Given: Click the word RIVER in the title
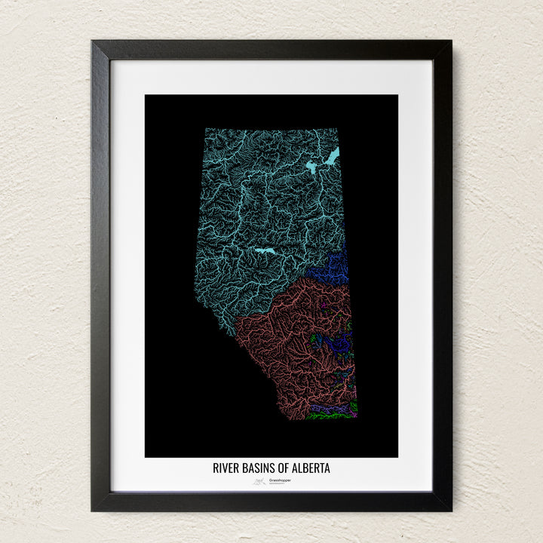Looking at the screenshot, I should click(x=225, y=468).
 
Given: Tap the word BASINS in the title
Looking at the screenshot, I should click(x=259, y=468).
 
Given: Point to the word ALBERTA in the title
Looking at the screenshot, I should click(x=311, y=468).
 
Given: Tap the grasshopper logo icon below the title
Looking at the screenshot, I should click(x=259, y=480).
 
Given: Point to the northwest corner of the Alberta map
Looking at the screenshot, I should click(x=206, y=129).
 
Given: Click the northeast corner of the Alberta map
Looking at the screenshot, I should click(x=339, y=129).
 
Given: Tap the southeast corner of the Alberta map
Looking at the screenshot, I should click(x=356, y=417).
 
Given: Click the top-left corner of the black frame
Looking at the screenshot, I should click(x=93, y=41).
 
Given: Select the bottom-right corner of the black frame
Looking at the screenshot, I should click(x=450, y=510).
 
